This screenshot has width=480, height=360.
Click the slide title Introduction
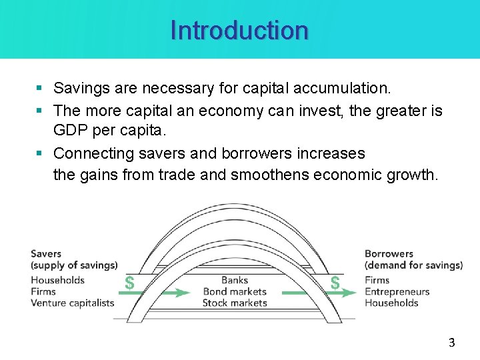click(x=239, y=31)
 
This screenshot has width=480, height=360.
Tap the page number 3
click(x=451, y=343)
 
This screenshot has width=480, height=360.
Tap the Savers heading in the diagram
click(x=46, y=254)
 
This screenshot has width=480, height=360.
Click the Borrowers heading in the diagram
click(x=389, y=254)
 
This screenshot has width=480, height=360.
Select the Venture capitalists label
click(x=72, y=303)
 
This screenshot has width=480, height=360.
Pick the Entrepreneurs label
click(x=397, y=291)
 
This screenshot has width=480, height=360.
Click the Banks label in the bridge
click(x=235, y=280)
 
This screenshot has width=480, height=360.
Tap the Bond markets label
click(x=235, y=291)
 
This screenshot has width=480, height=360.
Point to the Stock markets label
click(x=235, y=303)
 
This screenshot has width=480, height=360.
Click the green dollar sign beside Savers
click(x=129, y=283)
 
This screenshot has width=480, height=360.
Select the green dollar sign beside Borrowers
click(x=335, y=283)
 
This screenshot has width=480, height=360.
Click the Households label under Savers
click(x=57, y=280)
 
